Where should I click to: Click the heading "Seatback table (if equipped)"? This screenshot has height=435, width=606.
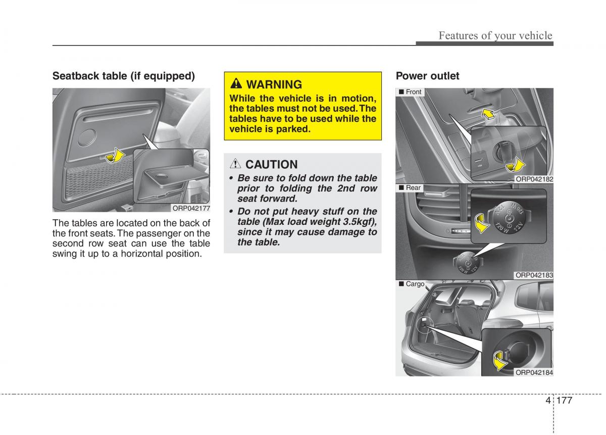(124, 76)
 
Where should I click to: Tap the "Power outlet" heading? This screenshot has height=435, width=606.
(427, 76)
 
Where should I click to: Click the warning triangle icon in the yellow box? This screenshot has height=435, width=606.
(237, 84)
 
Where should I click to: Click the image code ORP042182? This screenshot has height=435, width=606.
(534, 179)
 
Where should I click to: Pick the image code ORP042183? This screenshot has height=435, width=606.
(534, 275)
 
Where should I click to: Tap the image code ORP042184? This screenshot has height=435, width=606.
(534, 372)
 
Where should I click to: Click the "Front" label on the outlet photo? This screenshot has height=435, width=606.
(413, 92)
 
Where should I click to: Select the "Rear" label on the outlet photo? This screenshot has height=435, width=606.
(413, 187)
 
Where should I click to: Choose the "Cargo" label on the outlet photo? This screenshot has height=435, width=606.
(415, 284)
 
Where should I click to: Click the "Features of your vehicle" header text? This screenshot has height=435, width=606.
(495, 35)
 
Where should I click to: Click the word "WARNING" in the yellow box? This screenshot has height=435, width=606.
(274, 84)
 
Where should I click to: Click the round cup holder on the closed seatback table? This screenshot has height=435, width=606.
(89, 136)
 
